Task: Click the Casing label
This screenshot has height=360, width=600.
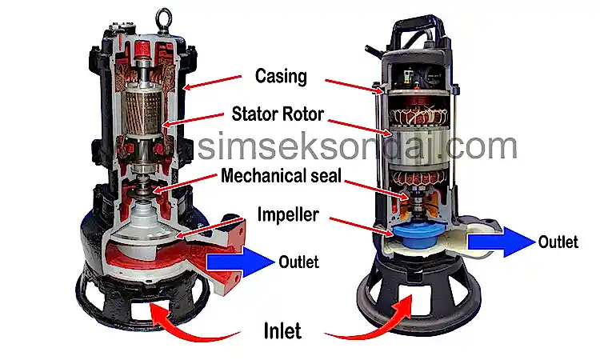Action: (x=281, y=76)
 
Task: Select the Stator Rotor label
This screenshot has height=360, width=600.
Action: (x=278, y=114)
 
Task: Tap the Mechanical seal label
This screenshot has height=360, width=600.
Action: (x=282, y=176)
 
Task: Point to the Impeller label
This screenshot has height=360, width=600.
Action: (x=288, y=214)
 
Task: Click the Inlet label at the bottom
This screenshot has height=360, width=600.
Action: (x=282, y=331)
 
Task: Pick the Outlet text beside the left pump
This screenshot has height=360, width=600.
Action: (x=298, y=262)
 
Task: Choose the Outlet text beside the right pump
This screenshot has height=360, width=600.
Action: (x=558, y=242)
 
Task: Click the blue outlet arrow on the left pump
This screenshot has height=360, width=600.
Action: (x=240, y=262)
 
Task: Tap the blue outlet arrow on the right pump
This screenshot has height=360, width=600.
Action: (x=502, y=242)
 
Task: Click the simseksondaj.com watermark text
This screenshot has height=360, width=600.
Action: (x=358, y=146)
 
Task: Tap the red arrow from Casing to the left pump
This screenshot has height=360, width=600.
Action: (x=212, y=82)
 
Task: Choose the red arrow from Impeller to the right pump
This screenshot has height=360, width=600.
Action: (x=362, y=227)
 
